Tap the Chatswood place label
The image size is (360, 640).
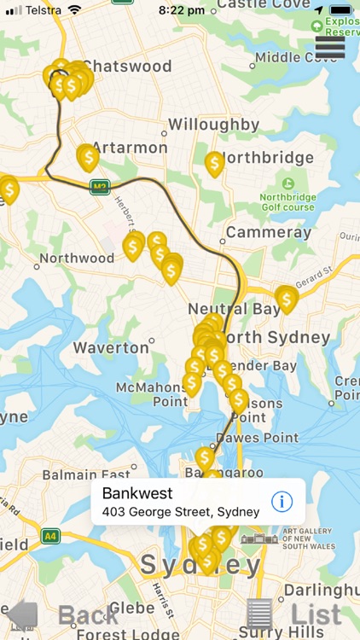[x=128, y=66]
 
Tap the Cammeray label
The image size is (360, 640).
[x=263, y=232]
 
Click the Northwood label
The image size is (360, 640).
[x=77, y=258]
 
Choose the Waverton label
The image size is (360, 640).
[x=111, y=348]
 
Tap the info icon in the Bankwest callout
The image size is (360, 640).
[x=282, y=501]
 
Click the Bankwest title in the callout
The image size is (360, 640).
[x=137, y=493]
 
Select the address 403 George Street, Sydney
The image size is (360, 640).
[x=180, y=512]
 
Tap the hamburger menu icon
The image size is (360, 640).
[x=330, y=48]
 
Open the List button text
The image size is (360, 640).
[x=316, y=614]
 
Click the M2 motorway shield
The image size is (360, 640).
[x=100, y=187]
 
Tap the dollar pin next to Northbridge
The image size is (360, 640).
[x=214, y=163]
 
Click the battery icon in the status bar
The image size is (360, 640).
[x=341, y=10]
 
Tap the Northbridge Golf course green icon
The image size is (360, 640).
[x=287, y=183]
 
